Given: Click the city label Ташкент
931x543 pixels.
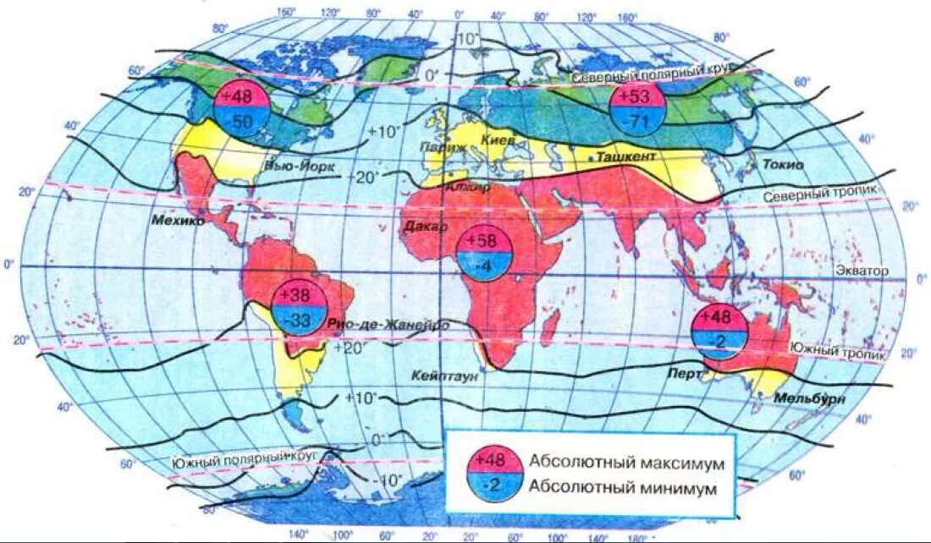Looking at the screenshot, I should [x=626, y=158].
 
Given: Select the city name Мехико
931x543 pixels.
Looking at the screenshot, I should [x=179, y=221].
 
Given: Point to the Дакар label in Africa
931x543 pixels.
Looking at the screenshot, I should [x=427, y=227].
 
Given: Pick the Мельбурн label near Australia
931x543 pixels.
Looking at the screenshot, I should [x=810, y=398].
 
